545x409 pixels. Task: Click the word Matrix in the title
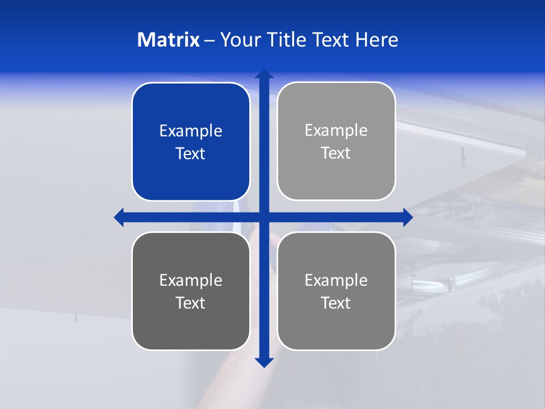[x=168, y=40]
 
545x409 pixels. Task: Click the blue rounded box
[x=191, y=142]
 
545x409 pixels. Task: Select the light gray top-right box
[x=336, y=141]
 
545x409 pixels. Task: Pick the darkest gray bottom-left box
[x=191, y=291]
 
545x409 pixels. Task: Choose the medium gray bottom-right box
[x=336, y=291]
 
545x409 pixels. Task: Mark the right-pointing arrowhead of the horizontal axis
[x=408, y=217]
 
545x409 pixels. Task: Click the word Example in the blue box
[x=191, y=131]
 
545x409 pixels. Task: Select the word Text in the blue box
[x=191, y=154]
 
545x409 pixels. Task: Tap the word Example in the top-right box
[x=336, y=131]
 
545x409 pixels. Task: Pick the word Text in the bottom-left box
[x=191, y=303]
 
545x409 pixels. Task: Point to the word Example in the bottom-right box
[x=336, y=281]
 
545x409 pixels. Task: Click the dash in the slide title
[x=209, y=40]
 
